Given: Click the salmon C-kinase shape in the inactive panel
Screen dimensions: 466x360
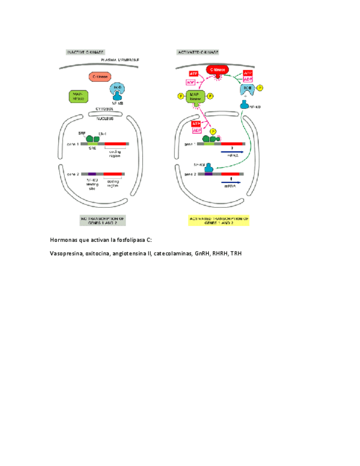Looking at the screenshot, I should [x=100, y=77].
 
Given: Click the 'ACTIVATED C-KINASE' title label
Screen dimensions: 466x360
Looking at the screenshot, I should [x=198, y=52].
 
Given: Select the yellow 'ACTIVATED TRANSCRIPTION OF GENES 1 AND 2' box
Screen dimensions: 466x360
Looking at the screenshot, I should [x=219, y=220].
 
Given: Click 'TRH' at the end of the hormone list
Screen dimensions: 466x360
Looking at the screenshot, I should [x=236, y=254].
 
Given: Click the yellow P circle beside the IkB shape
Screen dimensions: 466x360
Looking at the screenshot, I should [x=260, y=87].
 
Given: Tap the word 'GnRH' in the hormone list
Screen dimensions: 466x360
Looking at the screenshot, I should [x=201, y=254].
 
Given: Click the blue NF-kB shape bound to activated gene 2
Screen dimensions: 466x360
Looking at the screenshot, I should [x=209, y=169].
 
